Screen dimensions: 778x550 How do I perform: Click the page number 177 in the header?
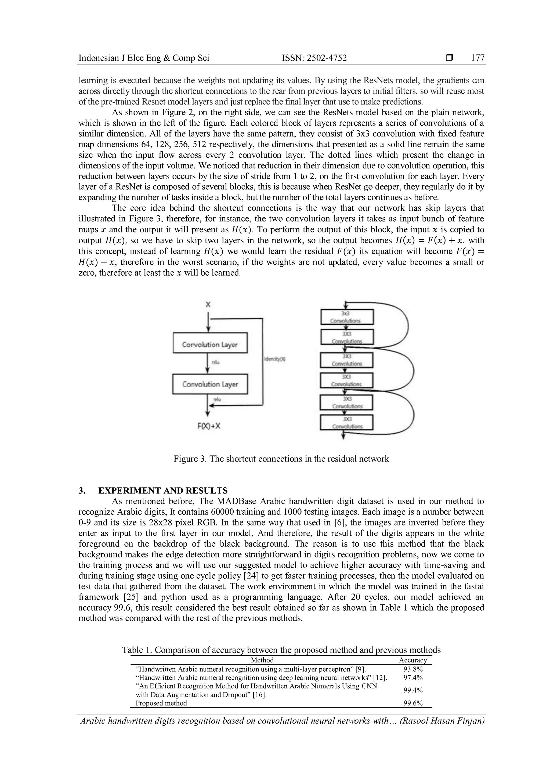(x=477, y=58)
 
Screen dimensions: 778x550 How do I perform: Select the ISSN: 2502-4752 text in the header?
(x=314, y=58)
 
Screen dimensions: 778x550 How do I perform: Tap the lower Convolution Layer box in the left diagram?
(x=210, y=384)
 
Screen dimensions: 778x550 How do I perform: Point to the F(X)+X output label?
(x=209, y=426)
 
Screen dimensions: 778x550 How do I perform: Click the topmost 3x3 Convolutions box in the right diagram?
(x=347, y=317)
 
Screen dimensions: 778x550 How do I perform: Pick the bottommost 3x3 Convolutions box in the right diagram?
(x=346, y=423)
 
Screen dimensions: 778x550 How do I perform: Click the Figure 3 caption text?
(x=281, y=459)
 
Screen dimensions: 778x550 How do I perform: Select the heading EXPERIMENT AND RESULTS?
(x=162, y=491)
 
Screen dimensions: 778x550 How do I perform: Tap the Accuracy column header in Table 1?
(x=413, y=660)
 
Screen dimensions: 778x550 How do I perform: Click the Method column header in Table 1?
(x=262, y=660)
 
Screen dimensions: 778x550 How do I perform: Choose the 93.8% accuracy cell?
(x=413, y=669)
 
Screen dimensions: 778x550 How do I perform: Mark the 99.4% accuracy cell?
(x=413, y=690)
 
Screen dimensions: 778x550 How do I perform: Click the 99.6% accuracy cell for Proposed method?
(x=413, y=703)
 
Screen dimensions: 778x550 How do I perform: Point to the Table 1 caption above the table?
(x=281, y=650)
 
